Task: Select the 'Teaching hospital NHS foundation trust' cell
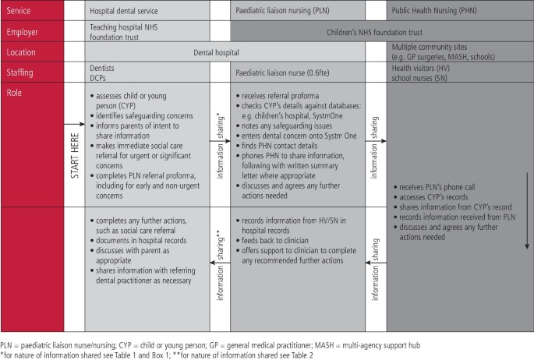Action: point(124,33)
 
